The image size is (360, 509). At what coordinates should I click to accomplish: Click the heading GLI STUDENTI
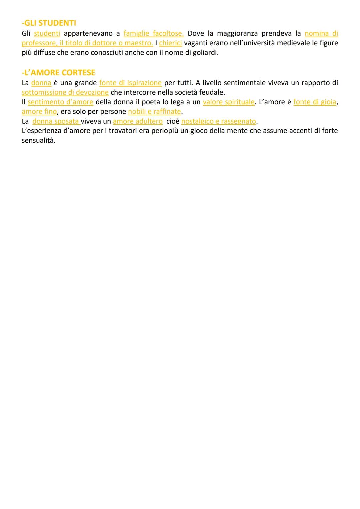pyautogui.click(x=49, y=23)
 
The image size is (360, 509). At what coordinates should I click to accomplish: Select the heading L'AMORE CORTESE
pyautogui.click(x=58, y=73)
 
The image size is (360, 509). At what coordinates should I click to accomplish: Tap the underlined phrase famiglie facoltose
pyautogui.click(x=153, y=33)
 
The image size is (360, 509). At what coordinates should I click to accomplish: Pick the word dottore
pyautogui.click(x=99, y=43)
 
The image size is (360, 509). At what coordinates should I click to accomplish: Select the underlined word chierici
pyautogui.click(x=170, y=43)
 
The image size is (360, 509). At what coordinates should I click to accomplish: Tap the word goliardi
pyautogui.click(x=205, y=53)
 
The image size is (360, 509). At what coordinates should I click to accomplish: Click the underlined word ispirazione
pyautogui.click(x=144, y=83)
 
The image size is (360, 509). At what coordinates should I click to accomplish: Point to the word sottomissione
pyautogui.click(x=44, y=92)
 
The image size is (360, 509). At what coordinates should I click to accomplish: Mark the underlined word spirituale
pyautogui.click(x=239, y=102)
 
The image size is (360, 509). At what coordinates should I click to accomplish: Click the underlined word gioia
pyautogui.click(x=328, y=102)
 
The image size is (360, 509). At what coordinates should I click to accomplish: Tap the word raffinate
pyautogui.click(x=167, y=112)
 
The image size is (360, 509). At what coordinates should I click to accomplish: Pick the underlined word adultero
pyautogui.click(x=149, y=121)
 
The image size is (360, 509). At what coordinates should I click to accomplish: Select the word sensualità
pyautogui.click(x=38, y=140)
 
